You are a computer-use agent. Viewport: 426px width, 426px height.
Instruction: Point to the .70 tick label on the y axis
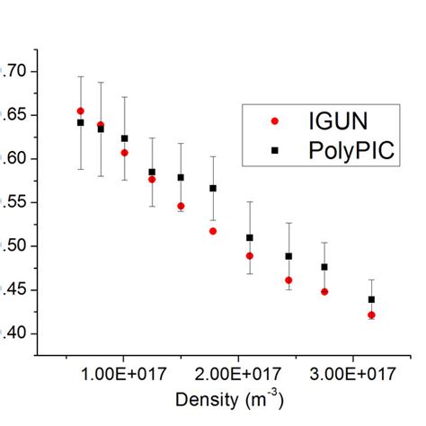pos(16,71)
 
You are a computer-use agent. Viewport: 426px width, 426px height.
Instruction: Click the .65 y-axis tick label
pos(16,115)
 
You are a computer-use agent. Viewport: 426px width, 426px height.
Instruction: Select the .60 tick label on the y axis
pos(16,159)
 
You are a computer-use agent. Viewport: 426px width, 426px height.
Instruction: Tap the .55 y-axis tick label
pos(16,202)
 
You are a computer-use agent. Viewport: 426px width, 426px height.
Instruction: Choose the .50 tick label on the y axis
pos(16,246)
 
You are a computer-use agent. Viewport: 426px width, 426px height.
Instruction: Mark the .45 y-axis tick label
pos(16,289)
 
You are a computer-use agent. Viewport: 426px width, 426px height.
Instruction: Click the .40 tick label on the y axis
pos(16,333)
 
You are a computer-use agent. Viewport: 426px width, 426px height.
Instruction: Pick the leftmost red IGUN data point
pos(81,111)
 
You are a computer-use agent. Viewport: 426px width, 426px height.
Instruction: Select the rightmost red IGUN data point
pos(371,315)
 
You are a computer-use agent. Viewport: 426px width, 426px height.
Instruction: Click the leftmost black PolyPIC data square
pos(81,122)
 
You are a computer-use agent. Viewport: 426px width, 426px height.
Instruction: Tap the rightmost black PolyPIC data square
pos(371,299)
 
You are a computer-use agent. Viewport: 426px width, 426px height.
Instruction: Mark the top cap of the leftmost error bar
pos(81,76)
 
